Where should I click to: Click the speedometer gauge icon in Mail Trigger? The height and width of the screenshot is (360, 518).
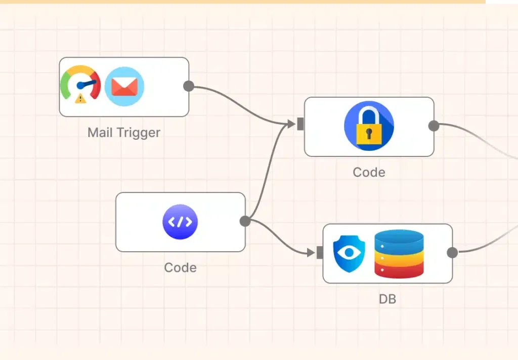[80, 84]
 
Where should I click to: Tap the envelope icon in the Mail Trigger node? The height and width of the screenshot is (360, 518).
[124, 86]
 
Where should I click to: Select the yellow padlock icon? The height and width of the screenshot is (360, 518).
[369, 126]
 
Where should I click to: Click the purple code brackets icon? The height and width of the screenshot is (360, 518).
[180, 222]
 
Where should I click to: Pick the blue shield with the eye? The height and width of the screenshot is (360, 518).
[349, 253]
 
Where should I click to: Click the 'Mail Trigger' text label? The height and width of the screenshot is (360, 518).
[123, 133]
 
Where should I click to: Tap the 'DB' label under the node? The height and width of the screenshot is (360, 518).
[387, 299]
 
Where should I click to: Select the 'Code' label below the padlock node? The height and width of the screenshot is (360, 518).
[369, 172]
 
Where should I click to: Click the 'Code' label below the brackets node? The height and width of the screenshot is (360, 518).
[180, 267]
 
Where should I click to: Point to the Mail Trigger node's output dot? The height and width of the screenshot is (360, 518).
[189, 86]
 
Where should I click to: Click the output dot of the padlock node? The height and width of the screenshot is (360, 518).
[434, 126]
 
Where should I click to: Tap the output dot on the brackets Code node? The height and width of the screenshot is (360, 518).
[245, 221]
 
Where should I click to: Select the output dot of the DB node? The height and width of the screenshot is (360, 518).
[452, 253]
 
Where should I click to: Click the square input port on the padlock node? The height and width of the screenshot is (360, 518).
[300, 124]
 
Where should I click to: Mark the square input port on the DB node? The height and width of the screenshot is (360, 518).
[320, 253]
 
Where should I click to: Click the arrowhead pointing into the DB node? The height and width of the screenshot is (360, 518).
[311, 252]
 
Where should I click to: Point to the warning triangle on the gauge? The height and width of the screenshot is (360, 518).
[80, 98]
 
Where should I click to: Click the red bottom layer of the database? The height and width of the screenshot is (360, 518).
[399, 271]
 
